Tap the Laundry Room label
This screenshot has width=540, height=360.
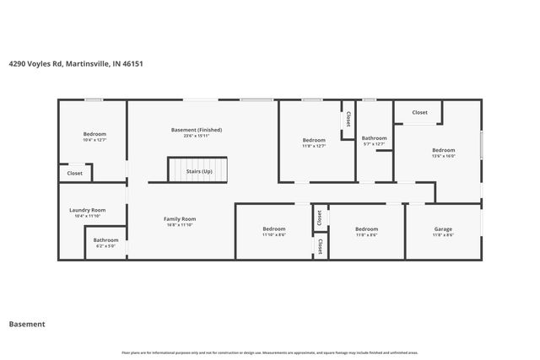[87, 210]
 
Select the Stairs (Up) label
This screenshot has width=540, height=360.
[200, 171]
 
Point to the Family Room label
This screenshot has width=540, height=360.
[180, 219]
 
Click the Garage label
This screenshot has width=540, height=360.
[443, 229]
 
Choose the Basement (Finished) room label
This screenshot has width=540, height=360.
[196, 130]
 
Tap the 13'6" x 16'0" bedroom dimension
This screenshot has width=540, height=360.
[443, 156]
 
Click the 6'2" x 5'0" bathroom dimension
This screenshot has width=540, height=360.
[105, 246]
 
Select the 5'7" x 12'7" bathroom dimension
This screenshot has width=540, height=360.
[374, 144]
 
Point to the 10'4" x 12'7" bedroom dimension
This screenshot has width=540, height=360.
[94, 141]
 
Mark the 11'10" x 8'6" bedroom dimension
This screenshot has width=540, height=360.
[273, 235]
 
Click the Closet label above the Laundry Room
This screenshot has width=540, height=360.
[75, 173]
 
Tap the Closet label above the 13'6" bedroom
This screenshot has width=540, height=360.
[419, 112]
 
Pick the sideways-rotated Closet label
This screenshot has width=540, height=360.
[318, 217]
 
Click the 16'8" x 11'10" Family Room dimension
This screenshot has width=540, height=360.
[180, 225]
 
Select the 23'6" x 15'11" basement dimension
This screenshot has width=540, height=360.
[196, 136]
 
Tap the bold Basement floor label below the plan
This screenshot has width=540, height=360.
[26, 324]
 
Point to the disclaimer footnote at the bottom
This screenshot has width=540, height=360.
[269, 352]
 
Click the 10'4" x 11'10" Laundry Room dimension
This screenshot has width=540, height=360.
[87, 216]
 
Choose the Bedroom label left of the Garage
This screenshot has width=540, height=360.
[366, 229]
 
